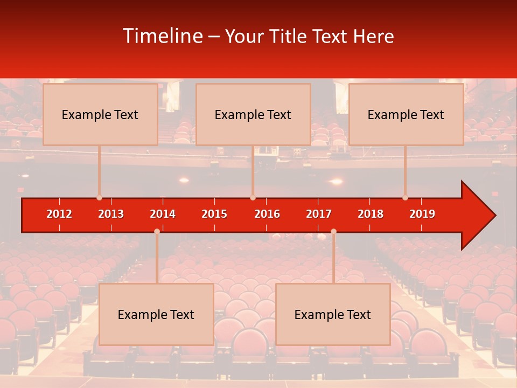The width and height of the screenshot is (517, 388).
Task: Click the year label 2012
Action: pos(59,214)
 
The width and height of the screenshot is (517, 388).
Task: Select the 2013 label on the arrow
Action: pos(111,214)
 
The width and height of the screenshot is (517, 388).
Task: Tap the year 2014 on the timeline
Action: pos(163,214)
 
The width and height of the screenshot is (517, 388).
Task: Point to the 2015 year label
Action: pos(214,214)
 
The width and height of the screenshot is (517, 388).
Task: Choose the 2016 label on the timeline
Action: pos(267,214)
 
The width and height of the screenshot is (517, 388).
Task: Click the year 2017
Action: pos(319,214)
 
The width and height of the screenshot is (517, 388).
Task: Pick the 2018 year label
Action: pos(371,214)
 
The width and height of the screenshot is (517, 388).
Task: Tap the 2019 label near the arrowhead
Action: pos(422,214)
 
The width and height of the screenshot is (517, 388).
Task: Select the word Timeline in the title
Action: pos(163,36)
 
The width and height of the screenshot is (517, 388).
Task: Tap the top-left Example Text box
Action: pos(100,114)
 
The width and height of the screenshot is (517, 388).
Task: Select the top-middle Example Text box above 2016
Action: pos(253,114)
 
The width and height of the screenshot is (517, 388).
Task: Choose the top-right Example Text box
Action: pos(406,114)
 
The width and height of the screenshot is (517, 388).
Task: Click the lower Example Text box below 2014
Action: pos(156,314)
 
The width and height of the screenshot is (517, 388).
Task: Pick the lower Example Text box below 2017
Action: pos(333,314)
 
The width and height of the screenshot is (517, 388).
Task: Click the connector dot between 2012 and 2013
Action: pos(99,198)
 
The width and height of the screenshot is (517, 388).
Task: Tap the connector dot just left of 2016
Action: pos(253,198)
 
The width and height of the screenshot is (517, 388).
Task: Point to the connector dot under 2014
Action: pos(157,231)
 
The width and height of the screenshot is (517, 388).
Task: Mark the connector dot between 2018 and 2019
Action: pos(405,198)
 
